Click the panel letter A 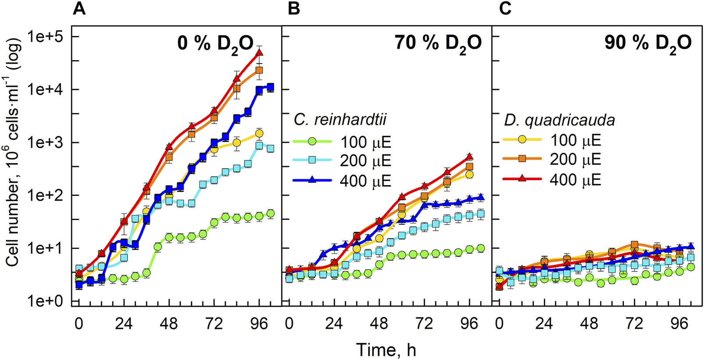(79, 9)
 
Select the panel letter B (294, 9)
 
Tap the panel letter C (505, 9)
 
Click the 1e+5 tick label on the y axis (46, 36)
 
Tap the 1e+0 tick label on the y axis (46, 301)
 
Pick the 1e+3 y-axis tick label (46, 143)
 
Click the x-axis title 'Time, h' (386, 350)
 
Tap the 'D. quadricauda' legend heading (559, 120)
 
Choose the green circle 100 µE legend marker (312, 141)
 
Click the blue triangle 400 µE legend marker (312, 180)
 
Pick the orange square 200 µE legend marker (522, 158)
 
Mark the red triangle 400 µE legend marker (522, 179)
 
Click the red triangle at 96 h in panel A (259, 53)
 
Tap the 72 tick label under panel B (424, 324)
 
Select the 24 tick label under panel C (544, 324)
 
